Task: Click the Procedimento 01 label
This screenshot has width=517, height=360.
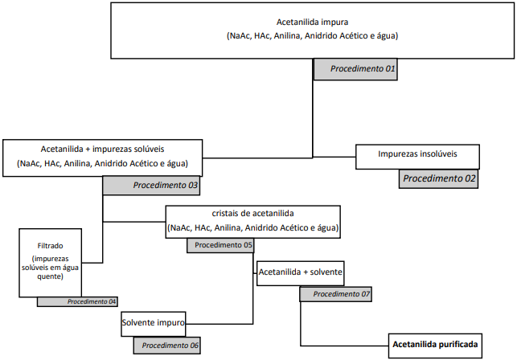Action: tap(355, 69)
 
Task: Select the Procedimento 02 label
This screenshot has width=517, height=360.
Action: tap(438, 178)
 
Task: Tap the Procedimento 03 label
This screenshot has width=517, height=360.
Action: tap(150, 185)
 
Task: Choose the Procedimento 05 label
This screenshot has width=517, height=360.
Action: tap(220, 245)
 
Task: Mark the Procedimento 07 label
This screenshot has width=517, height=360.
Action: tap(334, 294)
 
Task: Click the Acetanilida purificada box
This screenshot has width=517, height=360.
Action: tap(435, 346)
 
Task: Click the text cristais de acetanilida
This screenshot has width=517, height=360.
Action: tap(252, 214)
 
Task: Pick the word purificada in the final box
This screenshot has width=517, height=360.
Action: tap(458, 346)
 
